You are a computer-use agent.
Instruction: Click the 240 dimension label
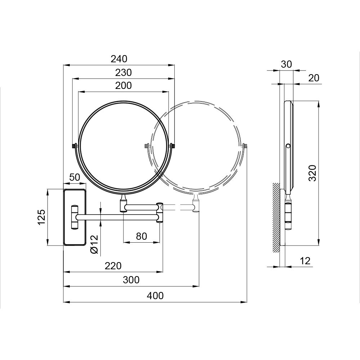point(119,59)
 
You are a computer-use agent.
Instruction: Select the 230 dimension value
point(123,72)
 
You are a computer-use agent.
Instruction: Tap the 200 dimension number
point(123,85)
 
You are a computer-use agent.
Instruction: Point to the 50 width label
point(75,177)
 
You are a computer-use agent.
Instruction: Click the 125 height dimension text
point(42,217)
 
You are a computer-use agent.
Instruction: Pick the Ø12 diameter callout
point(94,244)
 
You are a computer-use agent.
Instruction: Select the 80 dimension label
point(141,236)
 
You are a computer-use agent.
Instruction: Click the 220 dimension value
point(113,266)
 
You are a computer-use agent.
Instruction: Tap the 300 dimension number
point(131,280)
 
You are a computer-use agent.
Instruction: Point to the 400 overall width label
point(155,296)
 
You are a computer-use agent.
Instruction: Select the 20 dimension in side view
point(314,78)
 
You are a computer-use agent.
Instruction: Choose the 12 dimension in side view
point(305,261)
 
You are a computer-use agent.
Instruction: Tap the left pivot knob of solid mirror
point(75,146)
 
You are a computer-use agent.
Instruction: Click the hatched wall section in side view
point(276,216)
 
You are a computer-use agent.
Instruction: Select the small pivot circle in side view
point(288,146)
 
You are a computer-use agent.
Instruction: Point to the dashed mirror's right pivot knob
point(245,146)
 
